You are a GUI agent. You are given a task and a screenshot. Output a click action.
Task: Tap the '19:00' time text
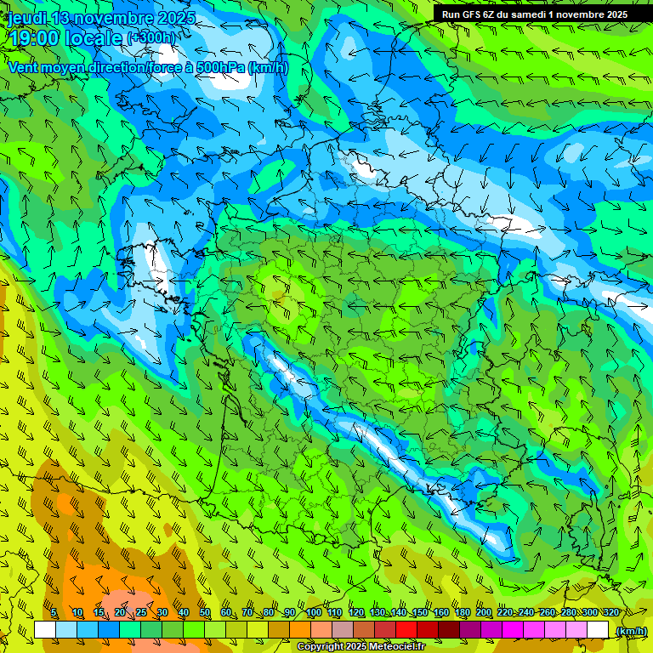coord(31,38)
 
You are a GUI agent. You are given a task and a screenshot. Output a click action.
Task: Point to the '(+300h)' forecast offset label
coord(152,38)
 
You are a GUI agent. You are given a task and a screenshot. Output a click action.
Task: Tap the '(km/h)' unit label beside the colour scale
coord(631,630)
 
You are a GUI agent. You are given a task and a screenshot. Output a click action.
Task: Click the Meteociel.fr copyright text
coord(361,647)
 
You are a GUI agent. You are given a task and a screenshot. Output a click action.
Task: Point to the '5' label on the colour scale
coord(54,613)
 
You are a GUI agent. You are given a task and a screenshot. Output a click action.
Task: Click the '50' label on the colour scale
coord(204,613)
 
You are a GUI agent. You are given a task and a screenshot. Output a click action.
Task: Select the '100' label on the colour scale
coord(314,613)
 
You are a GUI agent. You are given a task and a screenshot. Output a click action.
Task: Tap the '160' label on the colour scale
coord(441,613)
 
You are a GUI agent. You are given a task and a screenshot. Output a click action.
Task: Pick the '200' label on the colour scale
coord(484,613)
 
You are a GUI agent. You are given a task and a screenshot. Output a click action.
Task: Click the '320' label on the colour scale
coord(611,613)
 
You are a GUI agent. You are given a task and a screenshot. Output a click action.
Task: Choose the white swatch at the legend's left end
coord(45,629)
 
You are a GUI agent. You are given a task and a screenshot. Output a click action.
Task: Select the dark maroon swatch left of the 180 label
coord(448,629)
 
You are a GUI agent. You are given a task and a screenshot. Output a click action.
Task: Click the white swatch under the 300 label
coord(598,629)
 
